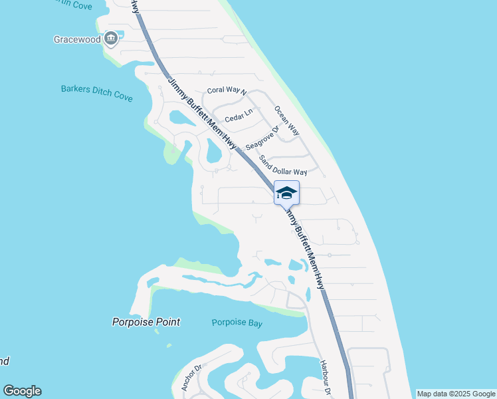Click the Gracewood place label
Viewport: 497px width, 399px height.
pos(77,39)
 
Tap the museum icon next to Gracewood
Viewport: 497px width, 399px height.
pos(112,39)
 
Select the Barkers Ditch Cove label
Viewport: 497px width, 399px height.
pos(97,92)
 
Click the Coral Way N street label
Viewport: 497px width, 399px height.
pos(227,90)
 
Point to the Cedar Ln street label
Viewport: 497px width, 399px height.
pos(239,116)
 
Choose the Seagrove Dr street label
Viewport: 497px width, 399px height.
pos(261,138)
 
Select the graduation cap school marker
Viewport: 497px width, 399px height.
pos(286,194)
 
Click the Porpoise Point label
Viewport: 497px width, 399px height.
pos(146,322)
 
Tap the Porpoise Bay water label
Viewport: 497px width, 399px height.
pos(237,323)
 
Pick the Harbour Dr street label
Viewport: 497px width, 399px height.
pos(324,378)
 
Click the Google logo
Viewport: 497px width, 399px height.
pos(22,391)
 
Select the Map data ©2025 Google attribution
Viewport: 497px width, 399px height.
pos(456,394)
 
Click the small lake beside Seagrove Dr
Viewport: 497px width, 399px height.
pos(213,152)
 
